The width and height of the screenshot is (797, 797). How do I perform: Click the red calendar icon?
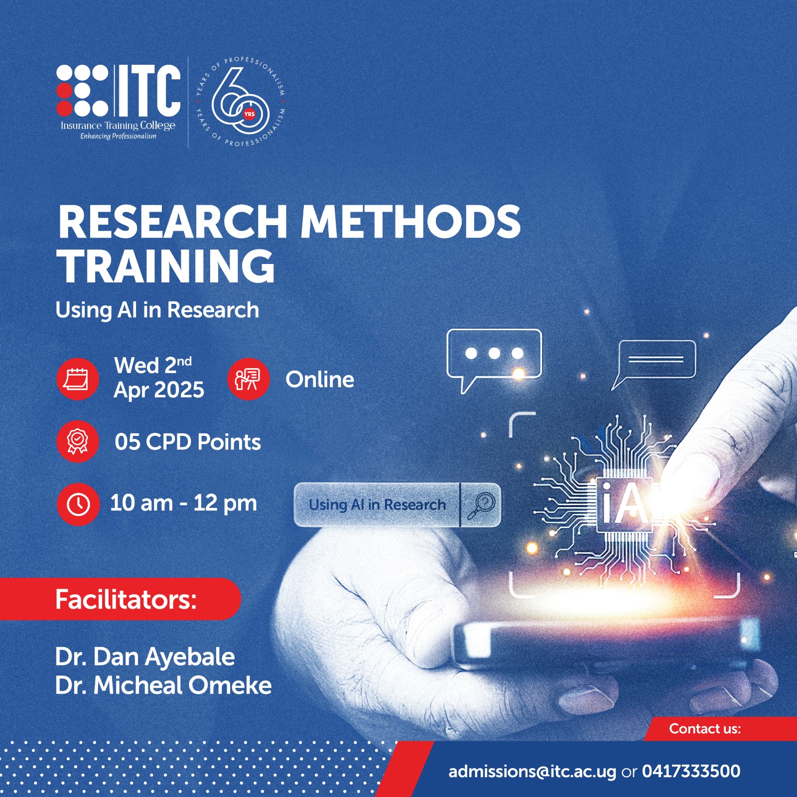[77, 379]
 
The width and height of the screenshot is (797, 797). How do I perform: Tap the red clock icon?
[78, 504]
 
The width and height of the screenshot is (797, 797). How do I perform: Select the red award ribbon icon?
[77, 441]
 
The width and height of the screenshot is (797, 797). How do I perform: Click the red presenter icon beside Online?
[248, 379]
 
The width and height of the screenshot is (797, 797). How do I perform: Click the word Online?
[320, 380]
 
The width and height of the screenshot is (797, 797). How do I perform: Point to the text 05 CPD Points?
[188, 442]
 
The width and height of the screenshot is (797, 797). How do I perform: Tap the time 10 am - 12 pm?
[183, 503]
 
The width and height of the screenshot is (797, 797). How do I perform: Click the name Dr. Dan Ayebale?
[145, 657]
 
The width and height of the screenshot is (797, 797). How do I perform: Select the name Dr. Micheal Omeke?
[163, 685]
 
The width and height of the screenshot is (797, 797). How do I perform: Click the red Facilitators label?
[126, 599]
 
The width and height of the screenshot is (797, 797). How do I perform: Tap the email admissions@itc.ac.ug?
[532, 772]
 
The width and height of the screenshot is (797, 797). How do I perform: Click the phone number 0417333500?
[691, 771]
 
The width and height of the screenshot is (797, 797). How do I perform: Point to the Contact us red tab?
[704, 729]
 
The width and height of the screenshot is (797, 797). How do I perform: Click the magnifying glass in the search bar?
[481, 505]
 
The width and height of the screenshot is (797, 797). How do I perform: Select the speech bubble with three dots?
[493, 355]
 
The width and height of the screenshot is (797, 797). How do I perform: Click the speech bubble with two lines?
[656, 360]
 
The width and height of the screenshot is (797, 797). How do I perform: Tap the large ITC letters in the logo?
[148, 91]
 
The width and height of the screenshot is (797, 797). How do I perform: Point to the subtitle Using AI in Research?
[157, 310]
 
